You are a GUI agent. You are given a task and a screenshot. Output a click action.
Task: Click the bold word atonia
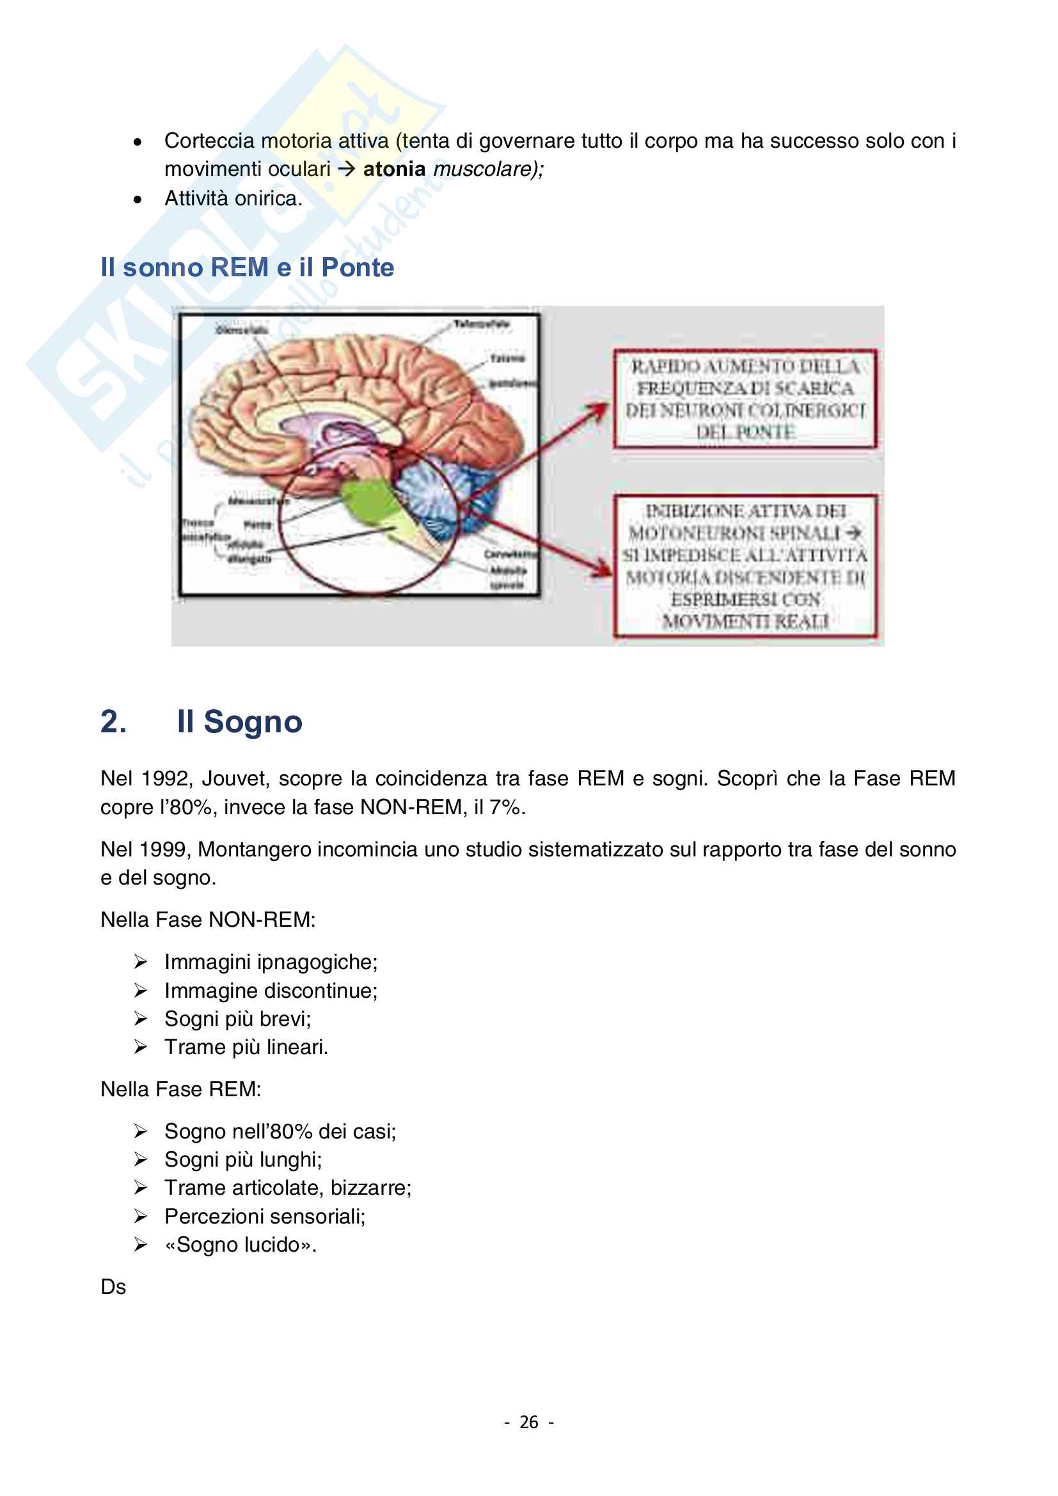(393, 169)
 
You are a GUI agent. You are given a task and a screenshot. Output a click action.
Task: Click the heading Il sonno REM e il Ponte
(247, 268)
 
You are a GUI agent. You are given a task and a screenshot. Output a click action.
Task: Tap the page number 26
(528, 1422)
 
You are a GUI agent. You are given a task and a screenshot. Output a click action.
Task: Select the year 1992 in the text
(165, 778)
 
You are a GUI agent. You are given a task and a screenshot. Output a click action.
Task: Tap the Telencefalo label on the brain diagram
(482, 324)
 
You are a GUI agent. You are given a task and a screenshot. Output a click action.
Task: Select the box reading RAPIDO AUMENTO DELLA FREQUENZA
(745, 398)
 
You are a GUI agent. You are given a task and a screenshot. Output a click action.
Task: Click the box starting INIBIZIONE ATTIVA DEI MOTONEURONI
(745, 565)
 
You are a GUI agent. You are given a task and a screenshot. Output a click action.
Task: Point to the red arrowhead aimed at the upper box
(598, 411)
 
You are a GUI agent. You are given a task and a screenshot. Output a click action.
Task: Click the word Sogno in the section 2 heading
(253, 722)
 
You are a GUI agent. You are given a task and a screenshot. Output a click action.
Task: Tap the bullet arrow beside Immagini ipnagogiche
(141, 962)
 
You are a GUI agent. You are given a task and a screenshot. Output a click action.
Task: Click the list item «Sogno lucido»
(241, 1245)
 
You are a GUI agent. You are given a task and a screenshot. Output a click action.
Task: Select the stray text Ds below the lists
(113, 1287)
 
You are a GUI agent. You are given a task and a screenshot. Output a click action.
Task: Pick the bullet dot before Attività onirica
(138, 200)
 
